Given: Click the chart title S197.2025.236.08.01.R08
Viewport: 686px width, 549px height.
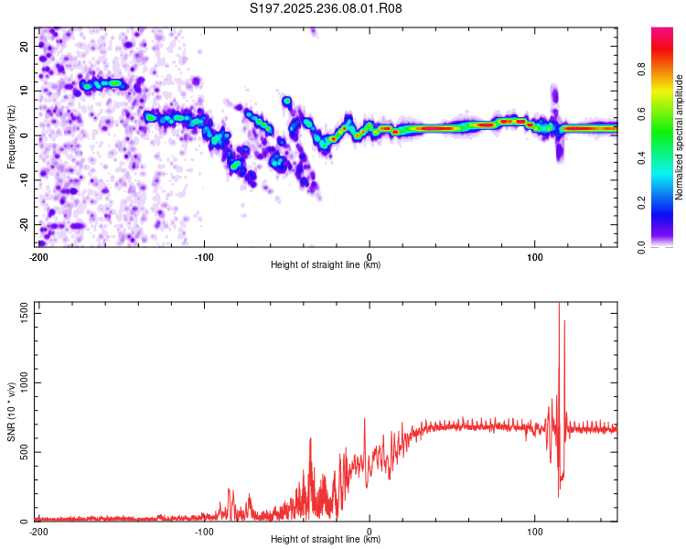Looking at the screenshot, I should pyautogui.click(x=327, y=9).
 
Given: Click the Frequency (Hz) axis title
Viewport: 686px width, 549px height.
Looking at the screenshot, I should pyautogui.click(x=11, y=136).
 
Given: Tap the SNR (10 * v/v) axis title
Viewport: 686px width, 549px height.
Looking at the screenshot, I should pyautogui.click(x=11, y=411).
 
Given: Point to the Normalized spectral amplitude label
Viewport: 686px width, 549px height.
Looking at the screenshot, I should pyautogui.click(x=680, y=137).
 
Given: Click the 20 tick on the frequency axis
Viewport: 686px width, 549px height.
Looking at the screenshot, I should pyautogui.click(x=26, y=46).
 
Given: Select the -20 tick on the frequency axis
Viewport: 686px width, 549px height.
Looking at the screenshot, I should pyautogui.click(x=24, y=225).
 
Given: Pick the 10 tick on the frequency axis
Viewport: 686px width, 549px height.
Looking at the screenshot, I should pyautogui.click(x=26, y=91).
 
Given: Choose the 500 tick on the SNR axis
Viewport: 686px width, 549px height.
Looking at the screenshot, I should pyautogui.click(x=23, y=452).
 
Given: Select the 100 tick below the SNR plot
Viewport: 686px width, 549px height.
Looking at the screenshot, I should pyautogui.click(x=535, y=532).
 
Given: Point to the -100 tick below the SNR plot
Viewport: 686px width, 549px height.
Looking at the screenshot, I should pyautogui.click(x=203, y=532).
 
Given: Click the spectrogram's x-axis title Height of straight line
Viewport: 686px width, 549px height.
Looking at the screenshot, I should pyautogui.click(x=327, y=265).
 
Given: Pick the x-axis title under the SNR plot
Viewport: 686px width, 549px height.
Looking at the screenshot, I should pyautogui.click(x=327, y=540).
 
